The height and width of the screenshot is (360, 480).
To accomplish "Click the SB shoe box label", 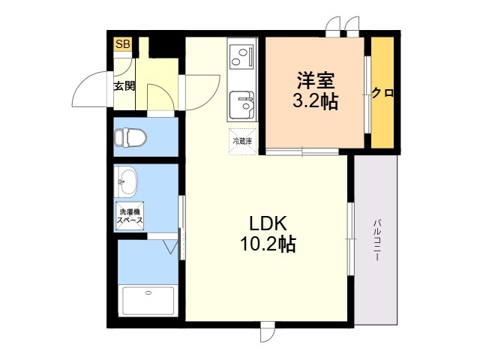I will click(x=122, y=45).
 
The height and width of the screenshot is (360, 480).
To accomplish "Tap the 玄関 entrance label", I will click(x=124, y=85).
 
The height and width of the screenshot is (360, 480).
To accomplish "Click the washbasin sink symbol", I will click(x=127, y=181).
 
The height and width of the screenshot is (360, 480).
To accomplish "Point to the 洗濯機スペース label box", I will click(x=130, y=217).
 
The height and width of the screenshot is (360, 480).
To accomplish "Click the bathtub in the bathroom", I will click(x=148, y=302).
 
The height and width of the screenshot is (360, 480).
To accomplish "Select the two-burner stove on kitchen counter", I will click(x=242, y=55).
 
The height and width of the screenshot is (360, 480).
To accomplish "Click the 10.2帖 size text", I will click(x=268, y=244).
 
